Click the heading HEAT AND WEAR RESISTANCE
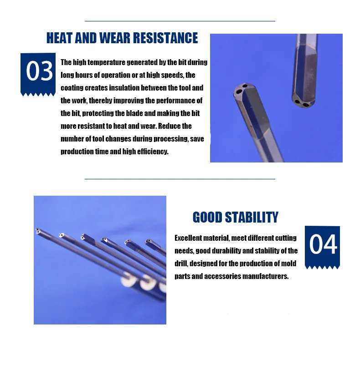122,38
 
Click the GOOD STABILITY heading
235,217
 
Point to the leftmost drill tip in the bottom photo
38,232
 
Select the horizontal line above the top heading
180,21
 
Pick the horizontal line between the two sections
180,179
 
